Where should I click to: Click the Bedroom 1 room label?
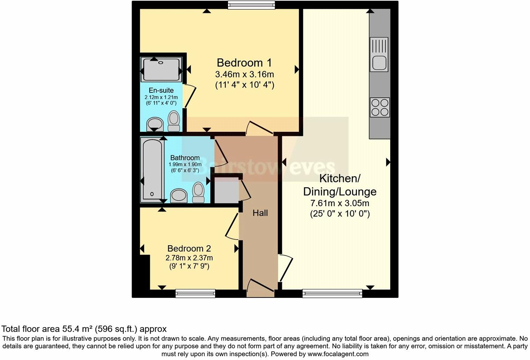point(244,63)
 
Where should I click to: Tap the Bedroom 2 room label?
point(189,248)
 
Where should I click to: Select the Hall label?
point(260,213)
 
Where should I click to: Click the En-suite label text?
point(161,90)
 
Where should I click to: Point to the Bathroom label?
point(185,158)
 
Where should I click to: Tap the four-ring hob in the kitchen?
point(380,107)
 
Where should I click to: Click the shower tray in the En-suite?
point(161,69)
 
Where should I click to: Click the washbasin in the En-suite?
point(154,124)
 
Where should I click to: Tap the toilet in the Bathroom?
point(198,192)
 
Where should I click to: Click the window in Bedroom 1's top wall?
point(251,5)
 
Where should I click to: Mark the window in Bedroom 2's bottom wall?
point(195,293)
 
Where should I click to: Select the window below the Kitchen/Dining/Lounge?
point(332,293)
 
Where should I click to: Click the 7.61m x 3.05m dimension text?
point(340,203)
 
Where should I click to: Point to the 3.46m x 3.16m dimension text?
point(244,74)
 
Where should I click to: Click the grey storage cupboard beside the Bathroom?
point(226,190)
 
